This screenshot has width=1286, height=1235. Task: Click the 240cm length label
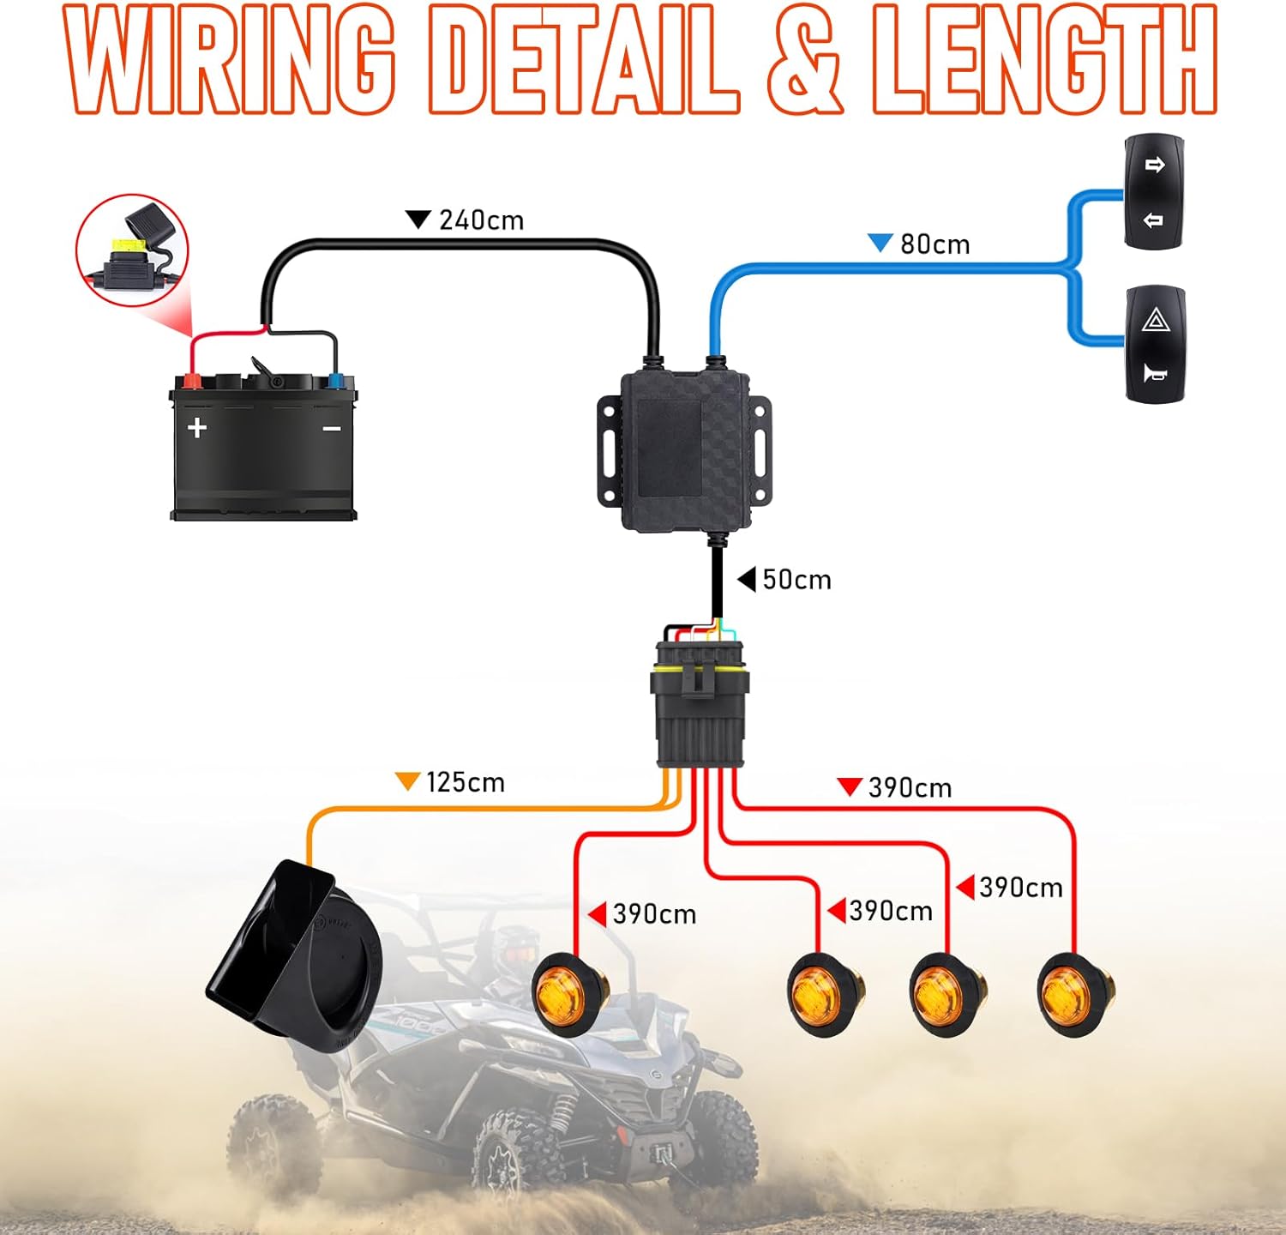pyautogui.click(x=481, y=220)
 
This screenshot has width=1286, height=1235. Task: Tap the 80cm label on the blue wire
pyautogui.click(x=934, y=244)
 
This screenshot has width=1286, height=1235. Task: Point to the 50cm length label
pyautogui.click(x=796, y=580)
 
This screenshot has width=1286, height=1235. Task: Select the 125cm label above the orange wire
pyautogui.click(x=465, y=782)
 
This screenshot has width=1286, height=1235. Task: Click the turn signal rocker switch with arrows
pyautogui.click(x=1154, y=192)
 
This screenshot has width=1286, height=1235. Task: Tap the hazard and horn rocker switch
pyautogui.click(x=1155, y=345)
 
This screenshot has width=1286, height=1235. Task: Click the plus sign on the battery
pyautogui.click(x=197, y=427)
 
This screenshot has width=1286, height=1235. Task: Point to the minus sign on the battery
pyautogui.click(x=332, y=428)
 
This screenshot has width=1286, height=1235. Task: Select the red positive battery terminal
pyautogui.click(x=190, y=381)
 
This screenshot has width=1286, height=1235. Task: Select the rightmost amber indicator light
pyautogui.click(x=1074, y=995)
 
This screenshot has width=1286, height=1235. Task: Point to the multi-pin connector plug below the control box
pyautogui.click(x=700, y=703)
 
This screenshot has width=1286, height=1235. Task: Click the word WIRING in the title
pyautogui.click(x=230, y=60)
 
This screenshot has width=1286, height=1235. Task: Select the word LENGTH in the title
pyautogui.click(x=1043, y=60)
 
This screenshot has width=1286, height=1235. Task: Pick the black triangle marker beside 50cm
pyautogui.click(x=747, y=579)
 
